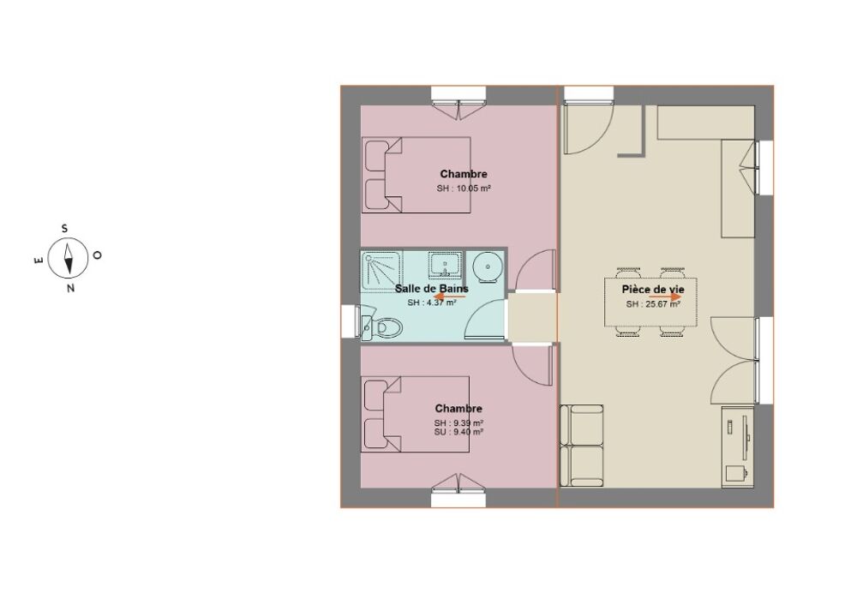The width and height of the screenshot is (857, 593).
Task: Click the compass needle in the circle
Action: [x=69, y=258]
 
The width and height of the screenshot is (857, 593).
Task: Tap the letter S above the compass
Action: [x=64, y=229]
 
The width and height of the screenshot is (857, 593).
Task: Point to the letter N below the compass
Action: [x=70, y=288]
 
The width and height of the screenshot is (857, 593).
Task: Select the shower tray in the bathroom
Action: [x=381, y=271]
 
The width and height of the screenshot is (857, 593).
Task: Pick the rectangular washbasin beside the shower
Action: [x=445, y=266]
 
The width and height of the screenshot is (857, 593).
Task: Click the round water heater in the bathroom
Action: [x=483, y=267]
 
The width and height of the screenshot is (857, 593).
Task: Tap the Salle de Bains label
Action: [x=432, y=289]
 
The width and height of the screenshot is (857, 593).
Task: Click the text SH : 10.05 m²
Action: [x=464, y=189]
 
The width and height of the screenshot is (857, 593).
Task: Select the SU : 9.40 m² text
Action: [x=458, y=432]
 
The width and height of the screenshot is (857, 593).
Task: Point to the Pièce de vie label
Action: [x=653, y=290]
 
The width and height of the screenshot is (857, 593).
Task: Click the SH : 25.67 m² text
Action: [x=653, y=304]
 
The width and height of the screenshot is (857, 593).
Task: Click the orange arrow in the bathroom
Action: [x=450, y=296]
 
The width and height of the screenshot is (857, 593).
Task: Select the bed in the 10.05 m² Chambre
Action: [x=417, y=175]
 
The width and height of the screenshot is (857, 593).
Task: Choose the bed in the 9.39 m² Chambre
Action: [x=416, y=414]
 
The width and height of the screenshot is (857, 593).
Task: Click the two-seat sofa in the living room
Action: [x=582, y=446]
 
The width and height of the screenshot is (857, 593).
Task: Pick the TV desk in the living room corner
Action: [x=738, y=446]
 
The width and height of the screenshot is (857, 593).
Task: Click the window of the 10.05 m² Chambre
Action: [x=458, y=102]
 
